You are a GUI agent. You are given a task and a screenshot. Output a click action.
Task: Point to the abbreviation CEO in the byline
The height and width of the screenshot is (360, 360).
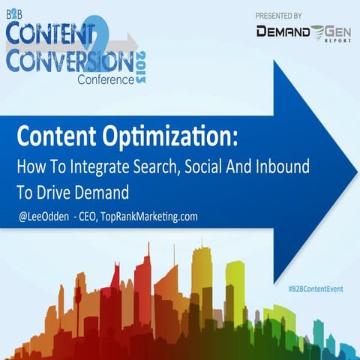(x=85, y=217)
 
